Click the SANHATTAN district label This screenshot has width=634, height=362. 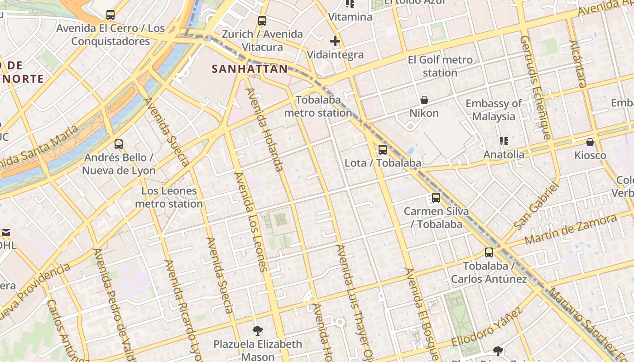pos(250,69)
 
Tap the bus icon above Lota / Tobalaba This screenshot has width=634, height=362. pos(383,149)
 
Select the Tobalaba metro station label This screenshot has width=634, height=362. pos(318,106)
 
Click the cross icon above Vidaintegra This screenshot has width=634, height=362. pos(335,42)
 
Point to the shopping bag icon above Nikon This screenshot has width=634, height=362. pos(424,100)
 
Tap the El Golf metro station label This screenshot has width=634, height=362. pos(440,66)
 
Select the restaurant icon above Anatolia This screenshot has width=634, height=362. pos(504,141)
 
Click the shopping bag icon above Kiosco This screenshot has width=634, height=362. pos(590,143)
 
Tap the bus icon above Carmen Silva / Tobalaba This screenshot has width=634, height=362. pos(436,198)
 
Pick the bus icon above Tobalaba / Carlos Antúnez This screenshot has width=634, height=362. pos(489,252)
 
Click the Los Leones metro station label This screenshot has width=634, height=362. pos(169,197)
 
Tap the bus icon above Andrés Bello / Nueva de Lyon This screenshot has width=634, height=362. pos(119,144)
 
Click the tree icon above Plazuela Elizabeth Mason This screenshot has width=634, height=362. pos(258,331)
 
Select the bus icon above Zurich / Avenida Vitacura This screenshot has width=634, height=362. pos(262,21)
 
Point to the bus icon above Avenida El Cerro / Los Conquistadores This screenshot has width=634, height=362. pos(110,15)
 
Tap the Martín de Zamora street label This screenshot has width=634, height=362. pos(571,230)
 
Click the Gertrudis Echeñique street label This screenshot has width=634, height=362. pos(536,88)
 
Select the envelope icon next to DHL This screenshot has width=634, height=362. pos(6,233)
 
